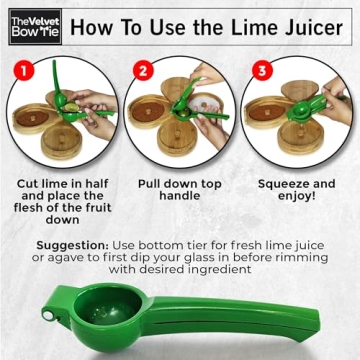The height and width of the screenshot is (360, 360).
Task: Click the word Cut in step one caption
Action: [30, 184]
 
